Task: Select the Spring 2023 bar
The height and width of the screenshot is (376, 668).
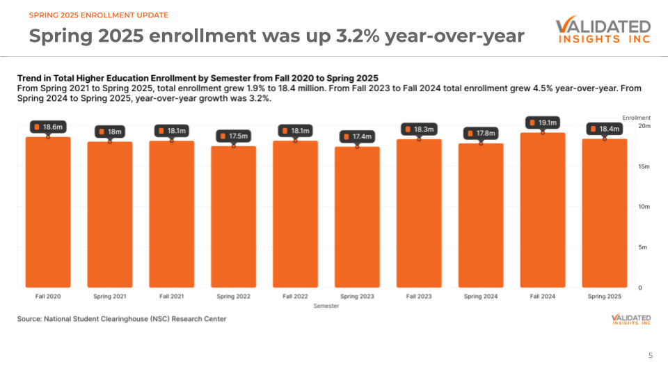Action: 357,217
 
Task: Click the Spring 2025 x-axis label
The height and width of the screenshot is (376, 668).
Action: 604,297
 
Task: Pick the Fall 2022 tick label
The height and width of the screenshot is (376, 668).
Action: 295,297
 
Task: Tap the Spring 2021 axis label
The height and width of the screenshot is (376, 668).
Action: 110,297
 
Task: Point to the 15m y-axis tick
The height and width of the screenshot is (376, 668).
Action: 644,166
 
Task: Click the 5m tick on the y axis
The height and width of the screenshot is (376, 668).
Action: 644,247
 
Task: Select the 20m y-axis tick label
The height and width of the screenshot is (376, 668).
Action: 644,126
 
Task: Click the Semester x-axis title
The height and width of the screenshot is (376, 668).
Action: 326,306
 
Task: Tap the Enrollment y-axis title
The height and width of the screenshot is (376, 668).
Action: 636,118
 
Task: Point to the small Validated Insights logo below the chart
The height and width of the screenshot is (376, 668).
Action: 630,319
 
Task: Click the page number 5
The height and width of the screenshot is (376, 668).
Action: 651,356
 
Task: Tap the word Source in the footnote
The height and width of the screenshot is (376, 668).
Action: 29,319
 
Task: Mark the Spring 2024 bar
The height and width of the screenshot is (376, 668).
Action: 481,215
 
